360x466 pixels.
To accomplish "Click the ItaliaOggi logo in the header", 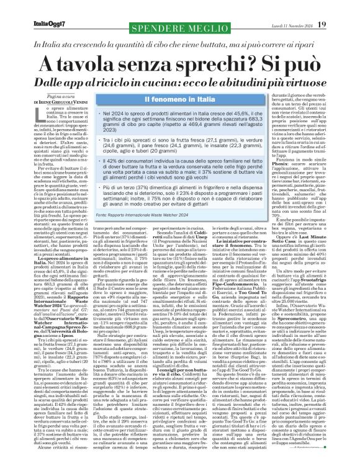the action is pyautogui.click(x=30, y=7).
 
